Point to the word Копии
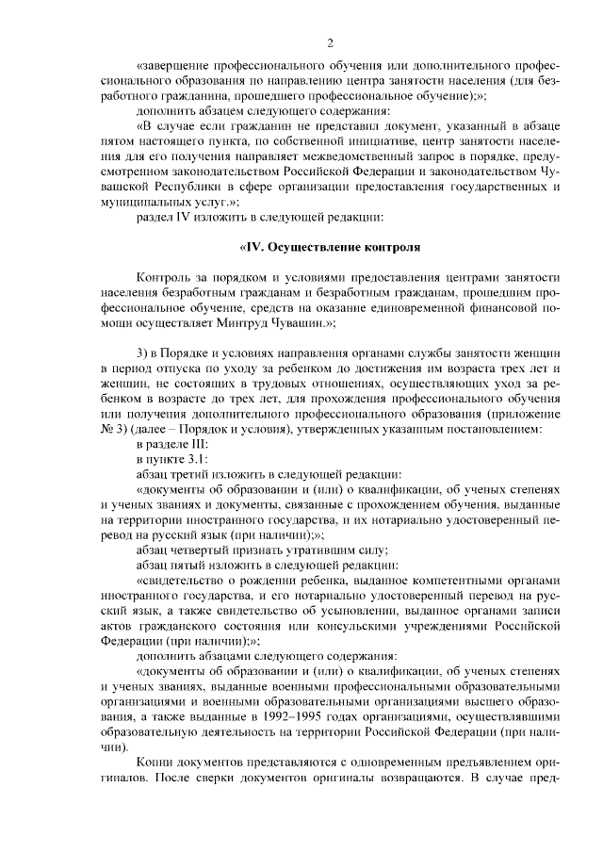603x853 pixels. click(155, 762)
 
